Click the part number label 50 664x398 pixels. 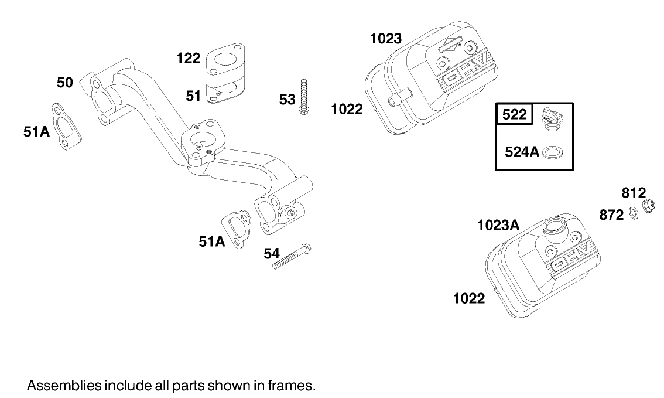coord(64,82)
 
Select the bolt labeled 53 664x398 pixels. coord(303,96)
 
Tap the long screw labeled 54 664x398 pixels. coord(292,257)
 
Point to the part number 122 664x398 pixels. coord(189,58)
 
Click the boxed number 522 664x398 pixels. coord(515,115)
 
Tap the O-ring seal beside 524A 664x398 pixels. coord(553,152)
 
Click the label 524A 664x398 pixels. coord(522,152)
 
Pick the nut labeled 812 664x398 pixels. coord(648,206)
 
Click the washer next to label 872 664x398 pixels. coord(634,213)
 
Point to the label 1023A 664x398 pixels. coord(498,224)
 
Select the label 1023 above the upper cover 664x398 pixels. coord(386,39)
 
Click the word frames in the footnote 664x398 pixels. coord(296,386)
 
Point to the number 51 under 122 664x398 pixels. coord(194,96)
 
